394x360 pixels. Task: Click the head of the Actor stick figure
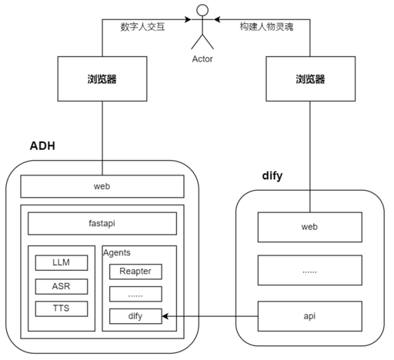point(202,11)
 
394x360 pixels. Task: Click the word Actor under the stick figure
point(202,59)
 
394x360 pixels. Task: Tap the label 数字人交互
point(142,27)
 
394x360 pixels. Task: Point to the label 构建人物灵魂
point(266,27)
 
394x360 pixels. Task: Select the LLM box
point(62,262)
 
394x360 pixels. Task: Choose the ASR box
point(62,286)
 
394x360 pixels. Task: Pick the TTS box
point(62,308)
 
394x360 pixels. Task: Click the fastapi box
point(102,223)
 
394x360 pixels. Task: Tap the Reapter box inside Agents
point(135,272)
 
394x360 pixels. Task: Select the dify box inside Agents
point(135,316)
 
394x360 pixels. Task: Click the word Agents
point(117,253)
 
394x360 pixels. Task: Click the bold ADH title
point(42,146)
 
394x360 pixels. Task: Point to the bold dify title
point(272,176)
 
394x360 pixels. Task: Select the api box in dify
point(310,316)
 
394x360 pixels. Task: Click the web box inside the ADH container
point(102,186)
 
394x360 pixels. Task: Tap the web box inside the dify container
point(310,227)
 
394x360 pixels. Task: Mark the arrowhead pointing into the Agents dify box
point(165,316)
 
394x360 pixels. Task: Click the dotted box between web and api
point(310,270)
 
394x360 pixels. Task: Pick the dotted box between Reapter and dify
point(135,294)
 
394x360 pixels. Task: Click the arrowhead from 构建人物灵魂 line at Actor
point(217,19)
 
